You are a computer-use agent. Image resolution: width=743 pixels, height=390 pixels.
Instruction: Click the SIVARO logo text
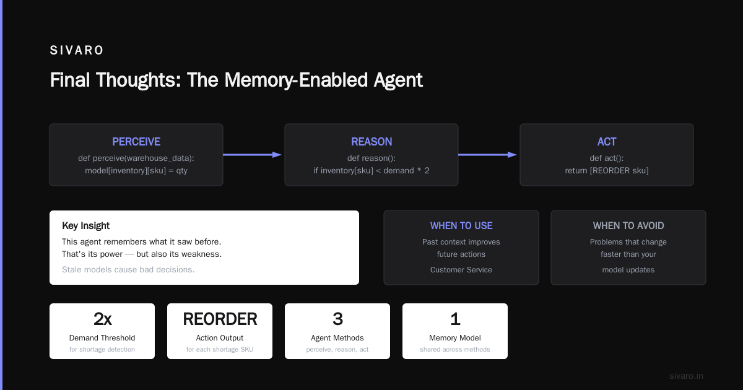[76, 50]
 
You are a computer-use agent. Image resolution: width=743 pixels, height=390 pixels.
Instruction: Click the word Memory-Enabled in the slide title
[296, 80]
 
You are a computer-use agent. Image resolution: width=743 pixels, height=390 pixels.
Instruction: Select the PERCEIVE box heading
[136, 142]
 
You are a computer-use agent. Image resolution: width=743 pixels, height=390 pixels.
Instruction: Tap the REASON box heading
[371, 142]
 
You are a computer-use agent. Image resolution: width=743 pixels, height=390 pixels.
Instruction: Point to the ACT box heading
[607, 142]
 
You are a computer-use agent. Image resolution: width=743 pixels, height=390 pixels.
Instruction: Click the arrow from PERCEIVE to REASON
[252, 155]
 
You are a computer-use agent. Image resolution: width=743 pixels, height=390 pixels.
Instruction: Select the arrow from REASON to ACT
[487, 155]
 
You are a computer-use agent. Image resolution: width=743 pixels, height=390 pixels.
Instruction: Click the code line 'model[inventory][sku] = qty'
[136, 170]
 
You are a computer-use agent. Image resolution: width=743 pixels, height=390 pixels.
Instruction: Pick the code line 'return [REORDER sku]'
[607, 170]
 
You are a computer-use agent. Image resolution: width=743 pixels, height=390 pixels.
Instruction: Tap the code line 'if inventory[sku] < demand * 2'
[371, 170]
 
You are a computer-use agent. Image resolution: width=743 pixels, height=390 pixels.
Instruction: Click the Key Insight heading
[85, 225]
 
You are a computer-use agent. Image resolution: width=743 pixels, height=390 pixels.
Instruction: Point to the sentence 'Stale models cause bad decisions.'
[128, 270]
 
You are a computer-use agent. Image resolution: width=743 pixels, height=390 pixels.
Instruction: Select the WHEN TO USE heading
[461, 225]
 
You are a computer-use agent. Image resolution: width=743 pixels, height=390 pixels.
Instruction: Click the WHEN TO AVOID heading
[628, 225]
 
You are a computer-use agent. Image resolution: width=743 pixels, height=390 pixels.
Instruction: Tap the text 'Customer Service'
[461, 270]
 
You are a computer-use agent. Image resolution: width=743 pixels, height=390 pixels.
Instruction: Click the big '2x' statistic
[103, 319]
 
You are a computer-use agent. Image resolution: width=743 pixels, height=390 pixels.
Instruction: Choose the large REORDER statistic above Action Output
[220, 319]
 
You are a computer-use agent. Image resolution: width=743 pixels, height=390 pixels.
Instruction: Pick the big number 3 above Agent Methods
[337, 319]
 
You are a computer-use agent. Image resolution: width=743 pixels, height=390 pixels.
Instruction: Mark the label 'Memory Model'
[454, 337]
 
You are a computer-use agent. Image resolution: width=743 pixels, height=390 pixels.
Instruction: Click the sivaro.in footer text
[686, 376]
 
